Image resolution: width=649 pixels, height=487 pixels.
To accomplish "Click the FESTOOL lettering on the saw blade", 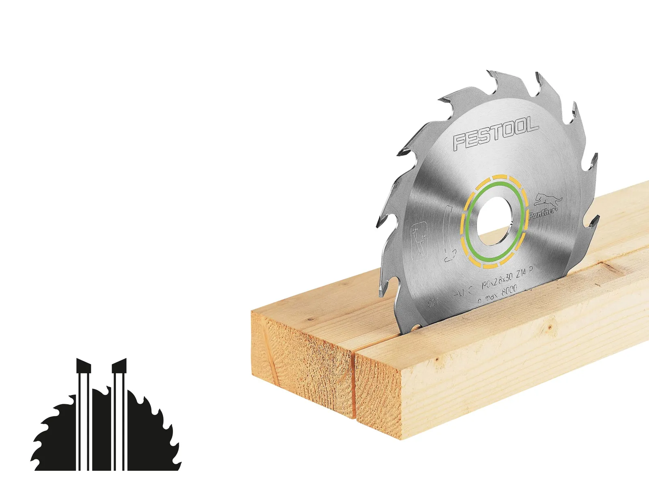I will tap(496, 134).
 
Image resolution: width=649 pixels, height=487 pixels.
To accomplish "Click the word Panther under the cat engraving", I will tap(542, 212).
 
